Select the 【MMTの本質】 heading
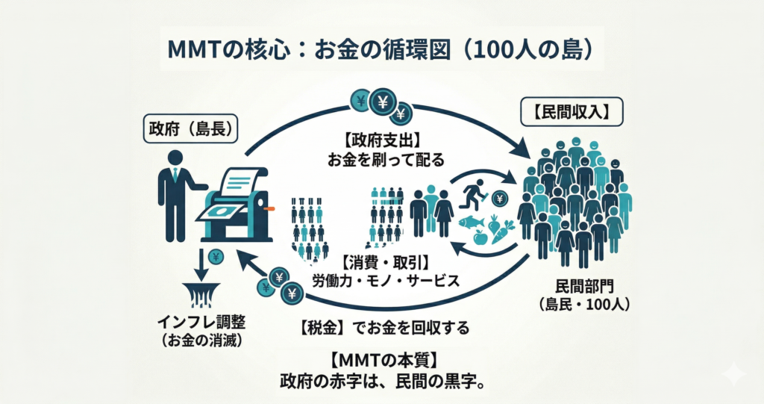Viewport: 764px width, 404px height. [x=382, y=358]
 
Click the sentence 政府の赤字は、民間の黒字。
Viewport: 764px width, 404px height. [x=382, y=379]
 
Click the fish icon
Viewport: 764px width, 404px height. [x=470, y=222]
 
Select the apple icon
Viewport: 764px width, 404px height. [x=481, y=237]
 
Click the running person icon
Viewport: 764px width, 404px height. [x=473, y=196]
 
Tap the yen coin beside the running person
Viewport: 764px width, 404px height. [x=500, y=198]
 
